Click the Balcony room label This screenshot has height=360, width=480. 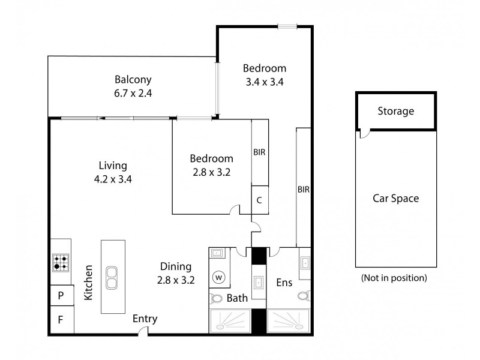click(x=133, y=79)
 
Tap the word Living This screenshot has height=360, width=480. click(x=113, y=165)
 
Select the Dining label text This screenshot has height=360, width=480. click(x=175, y=266)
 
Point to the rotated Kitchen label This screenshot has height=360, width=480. click(x=88, y=283)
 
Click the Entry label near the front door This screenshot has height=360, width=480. click(x=145, y=319)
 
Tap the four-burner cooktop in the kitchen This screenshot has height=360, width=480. click(x=61, y=262)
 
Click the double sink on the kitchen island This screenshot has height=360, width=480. click(x=112, y=277)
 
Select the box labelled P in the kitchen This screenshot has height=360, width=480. click(x=61, y=295)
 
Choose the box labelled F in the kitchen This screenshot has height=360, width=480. click(x=61, y=319)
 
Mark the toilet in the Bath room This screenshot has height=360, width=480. click(x=216, y=298)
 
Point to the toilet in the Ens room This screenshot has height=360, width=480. click(x=304, y=295)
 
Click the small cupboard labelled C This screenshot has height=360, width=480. click(x=259, y=200)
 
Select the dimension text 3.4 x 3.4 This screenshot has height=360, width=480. click(x=264, y=81)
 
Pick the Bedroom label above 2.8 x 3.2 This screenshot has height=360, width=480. click(x=211, y=158)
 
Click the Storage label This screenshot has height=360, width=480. click(x=395, y=111)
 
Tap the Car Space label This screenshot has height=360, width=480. click(x=395, y=199)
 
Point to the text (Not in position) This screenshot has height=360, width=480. click(x=394, y=278)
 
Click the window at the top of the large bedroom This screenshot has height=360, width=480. click(x=286, y=26)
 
